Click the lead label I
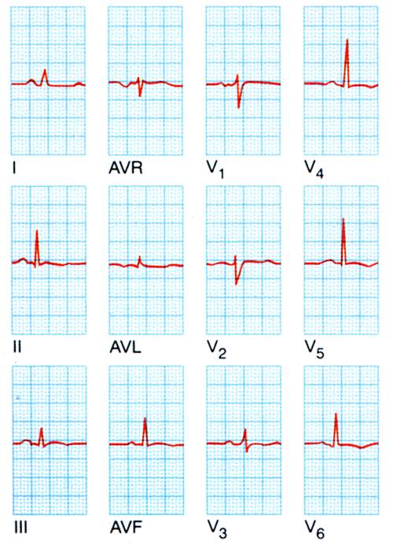(x=14, y=168)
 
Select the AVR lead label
(x=126, y=168)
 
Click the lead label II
(x=17, y=348)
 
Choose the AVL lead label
(x=126, y=348)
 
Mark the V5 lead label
(x=314, y=349)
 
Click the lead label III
(x=20, y=528)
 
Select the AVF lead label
(x=126, y=528)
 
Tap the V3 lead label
(x=217, y=529)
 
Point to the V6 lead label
(x=315, y=529)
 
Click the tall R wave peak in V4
(x=347, y=39)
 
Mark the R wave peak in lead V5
(x=343, y=219)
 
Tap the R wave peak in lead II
(x=37, y=230)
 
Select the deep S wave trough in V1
(x=239, y=107)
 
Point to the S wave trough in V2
(x=236, y=284)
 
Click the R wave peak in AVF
(x=145, y=418)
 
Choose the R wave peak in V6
(x=336, y=414)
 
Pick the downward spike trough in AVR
(x=140, y=96)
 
